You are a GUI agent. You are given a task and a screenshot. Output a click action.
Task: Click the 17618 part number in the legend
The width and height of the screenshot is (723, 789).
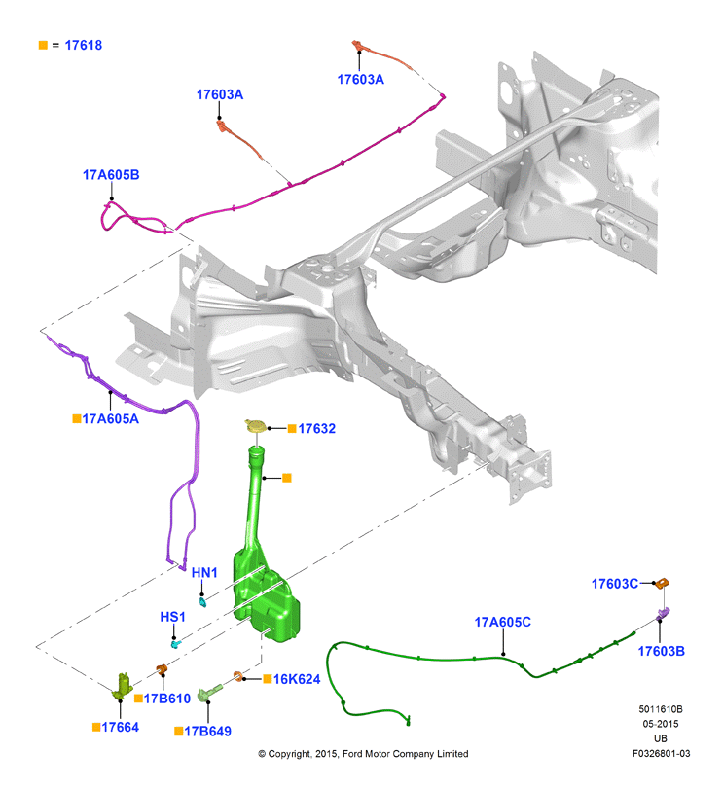(84, 46)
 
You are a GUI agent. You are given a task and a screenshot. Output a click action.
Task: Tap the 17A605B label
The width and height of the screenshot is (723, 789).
(111, 175)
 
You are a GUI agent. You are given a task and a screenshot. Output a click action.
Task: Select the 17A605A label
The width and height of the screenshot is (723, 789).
(110, 418)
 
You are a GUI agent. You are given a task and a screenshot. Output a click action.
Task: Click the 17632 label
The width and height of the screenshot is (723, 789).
(316, 429)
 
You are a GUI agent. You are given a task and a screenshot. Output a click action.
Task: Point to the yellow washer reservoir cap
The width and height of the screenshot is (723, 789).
(257, 426)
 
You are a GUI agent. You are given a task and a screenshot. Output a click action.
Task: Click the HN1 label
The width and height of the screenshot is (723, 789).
(204, 573)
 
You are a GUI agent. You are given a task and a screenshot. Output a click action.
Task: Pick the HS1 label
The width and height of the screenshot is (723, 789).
(172, 617)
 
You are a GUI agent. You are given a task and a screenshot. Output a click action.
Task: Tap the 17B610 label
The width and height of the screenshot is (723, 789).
(167, 699)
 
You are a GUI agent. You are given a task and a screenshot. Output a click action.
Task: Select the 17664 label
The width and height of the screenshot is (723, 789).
(121, 727)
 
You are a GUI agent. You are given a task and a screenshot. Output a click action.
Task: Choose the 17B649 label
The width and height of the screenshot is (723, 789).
(208, 732)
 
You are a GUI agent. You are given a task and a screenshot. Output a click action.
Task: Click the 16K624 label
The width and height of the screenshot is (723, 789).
(297, 679)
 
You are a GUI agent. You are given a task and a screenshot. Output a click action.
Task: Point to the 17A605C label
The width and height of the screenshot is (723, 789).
(503, 623)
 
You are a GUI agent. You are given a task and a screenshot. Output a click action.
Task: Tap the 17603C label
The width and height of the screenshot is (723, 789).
(615, 584)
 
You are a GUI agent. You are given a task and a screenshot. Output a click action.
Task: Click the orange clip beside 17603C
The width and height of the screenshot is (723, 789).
(663, 583)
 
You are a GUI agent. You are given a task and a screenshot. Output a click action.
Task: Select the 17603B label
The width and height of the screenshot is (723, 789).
(661, 651)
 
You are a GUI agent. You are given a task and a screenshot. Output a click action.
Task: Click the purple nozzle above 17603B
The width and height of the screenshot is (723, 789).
(663, 614)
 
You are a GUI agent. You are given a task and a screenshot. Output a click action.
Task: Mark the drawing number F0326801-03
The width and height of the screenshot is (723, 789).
(661, 754)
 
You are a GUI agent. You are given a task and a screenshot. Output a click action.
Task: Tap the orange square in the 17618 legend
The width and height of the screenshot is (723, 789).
(43, 46)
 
